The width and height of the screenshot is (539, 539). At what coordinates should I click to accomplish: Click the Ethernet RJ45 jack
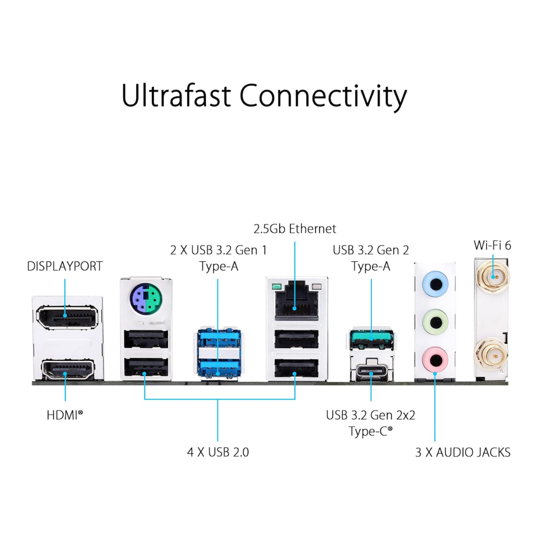click(295, 302)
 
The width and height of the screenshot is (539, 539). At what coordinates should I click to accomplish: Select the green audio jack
click(435, 320)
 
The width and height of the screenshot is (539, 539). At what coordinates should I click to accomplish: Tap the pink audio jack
click(435, 358)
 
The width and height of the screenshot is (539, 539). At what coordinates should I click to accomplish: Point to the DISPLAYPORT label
click(65, 266)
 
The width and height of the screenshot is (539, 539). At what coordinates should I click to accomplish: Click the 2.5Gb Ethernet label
click(295, 229)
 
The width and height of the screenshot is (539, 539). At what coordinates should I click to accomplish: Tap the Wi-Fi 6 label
click(493, 246)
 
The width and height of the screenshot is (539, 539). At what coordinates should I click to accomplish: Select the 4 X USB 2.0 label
click(218, 453)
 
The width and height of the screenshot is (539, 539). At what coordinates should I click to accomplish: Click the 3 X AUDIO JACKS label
click(463, 453)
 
